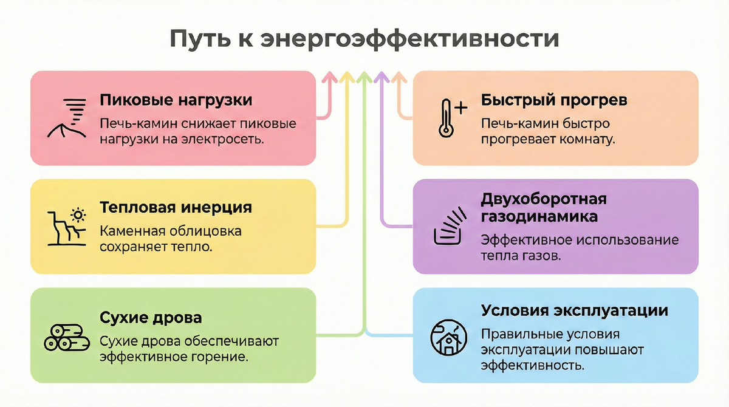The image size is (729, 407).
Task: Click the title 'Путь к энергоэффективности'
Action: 364,38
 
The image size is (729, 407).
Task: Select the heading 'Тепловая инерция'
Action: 176,208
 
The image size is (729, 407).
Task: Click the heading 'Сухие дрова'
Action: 151,318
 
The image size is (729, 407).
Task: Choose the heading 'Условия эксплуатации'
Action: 574,310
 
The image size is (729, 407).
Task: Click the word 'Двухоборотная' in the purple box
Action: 544,199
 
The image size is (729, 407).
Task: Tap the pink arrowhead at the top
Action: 329,77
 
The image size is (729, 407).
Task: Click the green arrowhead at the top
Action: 364,77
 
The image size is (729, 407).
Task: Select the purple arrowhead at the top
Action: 382,77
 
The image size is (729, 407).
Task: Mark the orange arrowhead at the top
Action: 399,77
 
